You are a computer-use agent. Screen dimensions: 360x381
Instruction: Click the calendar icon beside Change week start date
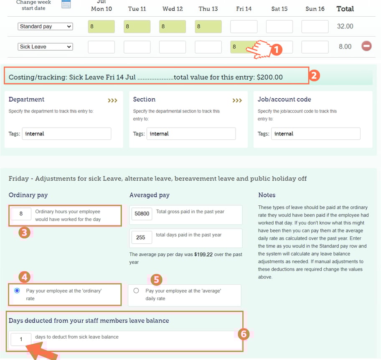(x=66, y=4)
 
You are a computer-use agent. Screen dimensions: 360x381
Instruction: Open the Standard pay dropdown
(x=45, y=26)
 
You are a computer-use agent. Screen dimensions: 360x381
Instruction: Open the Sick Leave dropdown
(x=45, y=47)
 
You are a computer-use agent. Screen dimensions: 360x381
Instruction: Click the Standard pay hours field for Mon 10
(x=101, y=26)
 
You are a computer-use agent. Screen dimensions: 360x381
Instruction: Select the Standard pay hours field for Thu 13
(x=208, y=26)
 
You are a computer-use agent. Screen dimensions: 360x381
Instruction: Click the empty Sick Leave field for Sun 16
(x=315, y=47)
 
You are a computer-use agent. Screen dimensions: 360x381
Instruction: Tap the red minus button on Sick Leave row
(x=366, y=46)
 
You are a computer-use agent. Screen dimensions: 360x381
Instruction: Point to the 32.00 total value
(x=345, y=26)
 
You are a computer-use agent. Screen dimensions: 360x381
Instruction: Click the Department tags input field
(x=66, y=134)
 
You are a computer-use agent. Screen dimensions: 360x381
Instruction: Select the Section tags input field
(x=191, y=134)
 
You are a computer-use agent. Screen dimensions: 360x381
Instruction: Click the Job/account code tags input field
(x=315, y=134)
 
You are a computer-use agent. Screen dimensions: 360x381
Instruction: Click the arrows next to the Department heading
(x=112, y=100)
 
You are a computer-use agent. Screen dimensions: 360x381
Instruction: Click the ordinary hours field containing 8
(x=21, y=214)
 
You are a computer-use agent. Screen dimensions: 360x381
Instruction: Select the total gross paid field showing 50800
(x=142, y=214)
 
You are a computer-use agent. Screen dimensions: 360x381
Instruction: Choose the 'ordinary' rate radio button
(x=17, y=291)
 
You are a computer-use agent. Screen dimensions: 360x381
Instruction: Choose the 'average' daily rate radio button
(x=136, y=291)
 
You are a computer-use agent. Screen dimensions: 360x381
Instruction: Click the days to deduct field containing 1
(x=21, y=340)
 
